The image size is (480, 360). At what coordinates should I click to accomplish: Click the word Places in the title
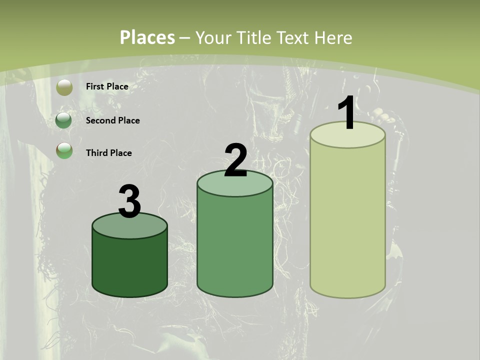147,37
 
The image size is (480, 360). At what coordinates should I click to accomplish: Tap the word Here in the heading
333,37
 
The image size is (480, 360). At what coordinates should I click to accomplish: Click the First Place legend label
107,86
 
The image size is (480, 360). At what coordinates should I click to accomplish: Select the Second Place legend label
112,120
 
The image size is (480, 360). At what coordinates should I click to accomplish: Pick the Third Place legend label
108,153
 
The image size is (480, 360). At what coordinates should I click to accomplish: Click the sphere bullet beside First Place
64,87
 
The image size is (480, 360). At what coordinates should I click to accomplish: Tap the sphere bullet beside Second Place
63,120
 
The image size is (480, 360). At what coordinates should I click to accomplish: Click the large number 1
347,114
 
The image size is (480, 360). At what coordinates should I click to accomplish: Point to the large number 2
235,161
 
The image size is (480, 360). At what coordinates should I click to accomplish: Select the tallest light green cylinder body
347,220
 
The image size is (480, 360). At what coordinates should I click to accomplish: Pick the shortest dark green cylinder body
129,265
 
